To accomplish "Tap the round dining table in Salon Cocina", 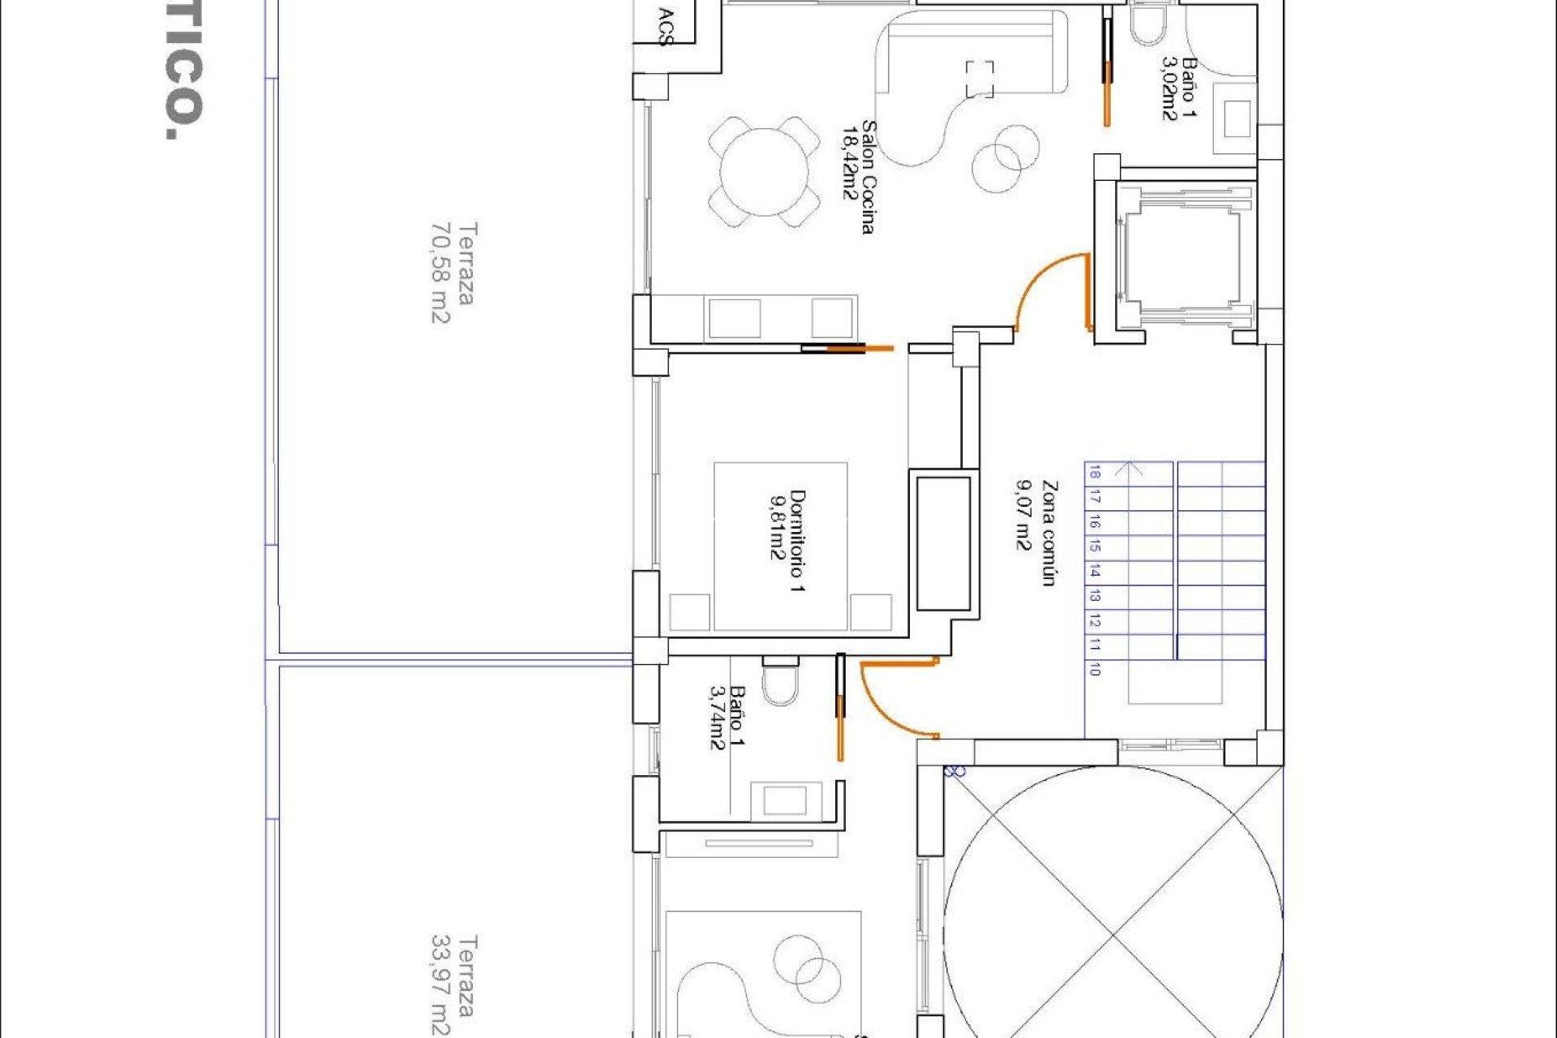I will (763, 173).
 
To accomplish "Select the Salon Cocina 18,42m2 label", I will (858, 177).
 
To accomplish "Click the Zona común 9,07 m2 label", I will (1036, 533).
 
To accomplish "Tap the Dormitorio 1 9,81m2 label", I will (787, 540).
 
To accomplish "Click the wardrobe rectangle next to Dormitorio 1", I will (943, 543).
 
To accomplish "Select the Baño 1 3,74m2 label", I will (727, 718).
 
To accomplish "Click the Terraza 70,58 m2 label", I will (453, 273).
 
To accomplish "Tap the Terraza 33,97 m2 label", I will (453, 985).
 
